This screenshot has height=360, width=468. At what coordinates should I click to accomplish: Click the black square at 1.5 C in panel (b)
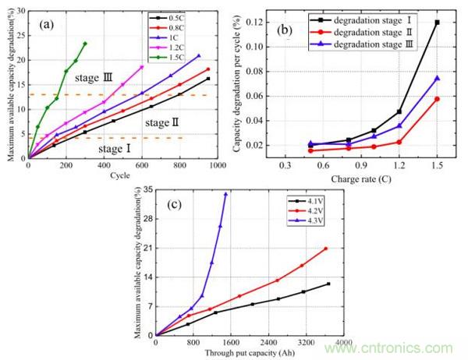point(437,23)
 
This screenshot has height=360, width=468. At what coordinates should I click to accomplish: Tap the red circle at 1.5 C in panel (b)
point(437,99)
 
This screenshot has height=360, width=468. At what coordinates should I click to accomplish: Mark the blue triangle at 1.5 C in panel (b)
point(437,78)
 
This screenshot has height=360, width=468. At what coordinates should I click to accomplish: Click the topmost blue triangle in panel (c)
point(226,194)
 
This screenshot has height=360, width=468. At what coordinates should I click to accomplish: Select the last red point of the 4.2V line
point(326,249)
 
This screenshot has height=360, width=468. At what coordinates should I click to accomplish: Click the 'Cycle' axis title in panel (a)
point(121,175)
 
